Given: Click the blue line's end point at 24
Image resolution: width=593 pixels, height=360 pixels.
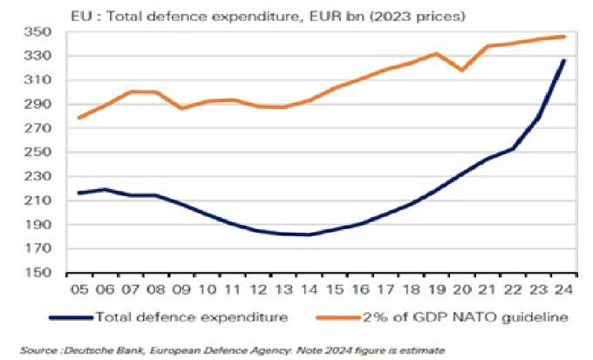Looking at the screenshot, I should pyautogui.click(x=564, y=60).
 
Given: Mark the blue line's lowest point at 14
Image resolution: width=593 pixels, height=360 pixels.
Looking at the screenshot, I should pyautogui.click(x=310, y=234).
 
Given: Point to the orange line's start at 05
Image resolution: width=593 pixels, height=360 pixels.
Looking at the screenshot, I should pyautogui.click(x=79, y=118).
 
